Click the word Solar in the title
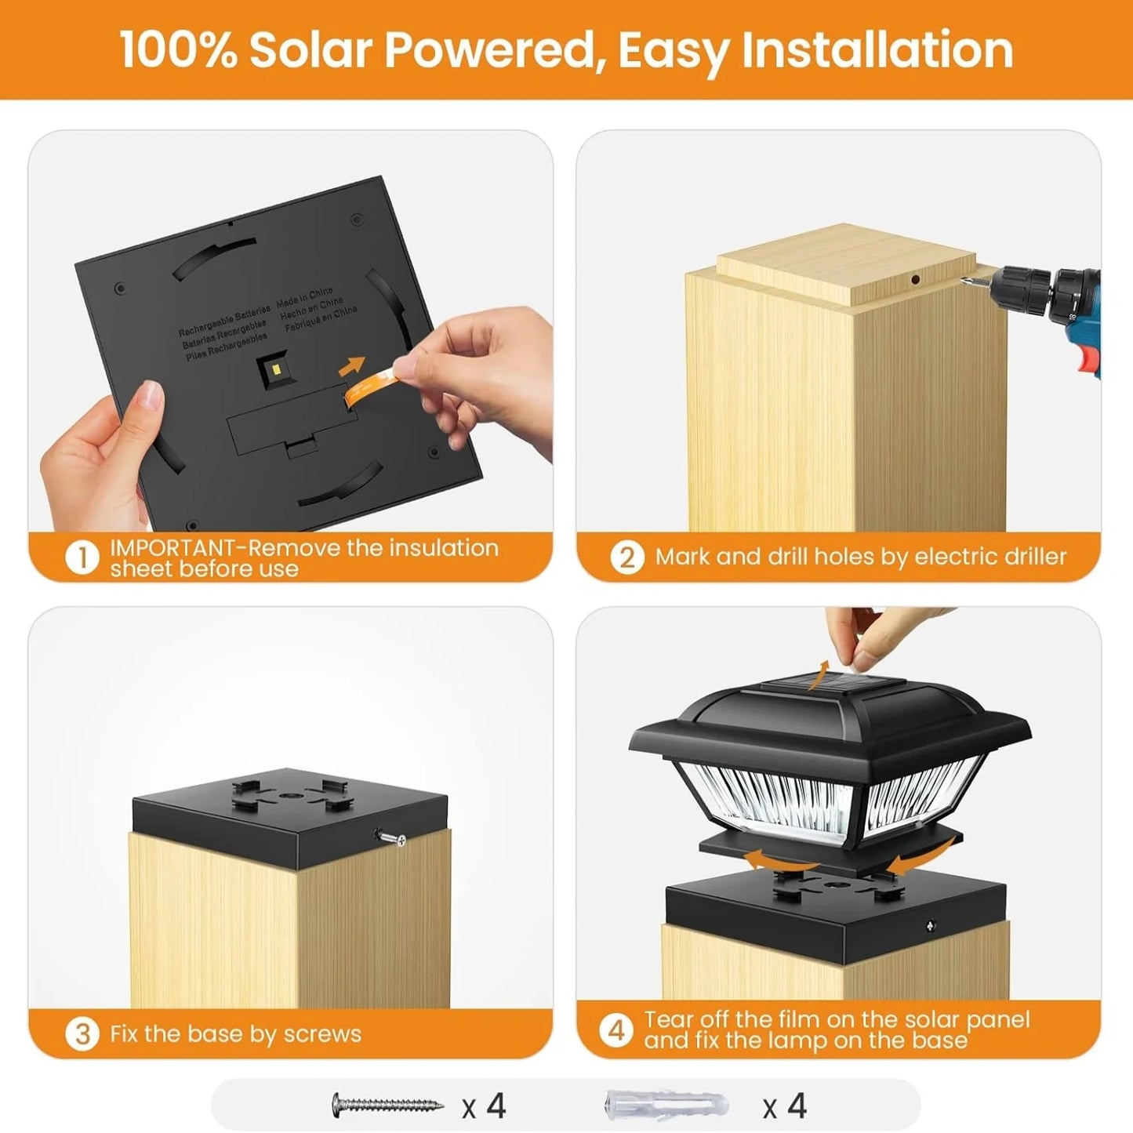point(310,50)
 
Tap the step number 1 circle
point(82,558)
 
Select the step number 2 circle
point(627,557)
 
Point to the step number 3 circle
point(82,1034)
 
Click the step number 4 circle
point(617,1030)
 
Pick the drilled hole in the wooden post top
point(915,279)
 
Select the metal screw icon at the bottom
point(387,1106)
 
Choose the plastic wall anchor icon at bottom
point(666,1106)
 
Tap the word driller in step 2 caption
point(1029,557)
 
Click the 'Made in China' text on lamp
point(305,296)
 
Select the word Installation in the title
point(877,50)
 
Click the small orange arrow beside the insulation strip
point(352,365)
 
